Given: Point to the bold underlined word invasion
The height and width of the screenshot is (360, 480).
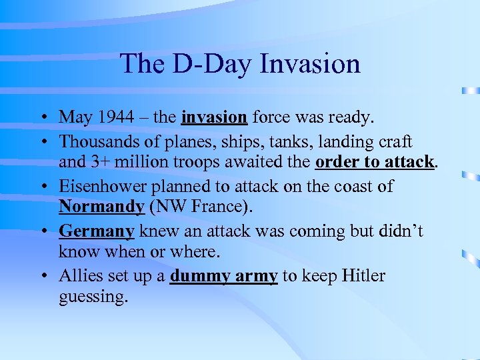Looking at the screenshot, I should coord(214,117).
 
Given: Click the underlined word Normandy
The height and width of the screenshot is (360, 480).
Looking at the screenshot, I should coord(101,207).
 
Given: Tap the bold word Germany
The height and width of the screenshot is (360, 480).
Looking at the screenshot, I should coord(97,231).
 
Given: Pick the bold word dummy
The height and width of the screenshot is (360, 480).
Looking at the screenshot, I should coord(198,275).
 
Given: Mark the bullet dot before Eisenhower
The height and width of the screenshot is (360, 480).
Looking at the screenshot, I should coord(42,187).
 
